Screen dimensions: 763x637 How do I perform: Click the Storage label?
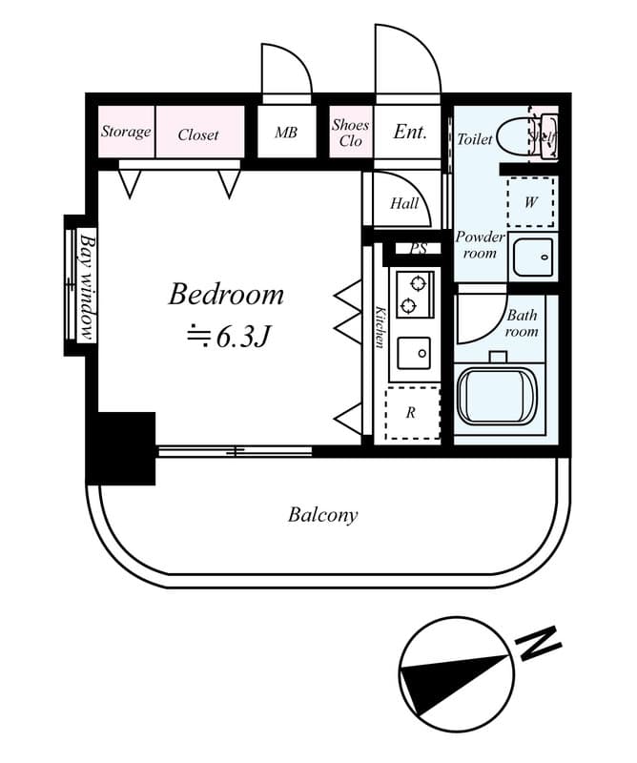point(126,132)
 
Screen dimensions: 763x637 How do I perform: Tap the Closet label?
point(198,134)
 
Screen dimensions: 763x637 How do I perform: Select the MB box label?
point(286,133)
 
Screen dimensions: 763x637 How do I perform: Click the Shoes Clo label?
point(350,133)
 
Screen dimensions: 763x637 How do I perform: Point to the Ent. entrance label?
point(410,133)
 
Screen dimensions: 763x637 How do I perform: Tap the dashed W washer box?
point(531,201)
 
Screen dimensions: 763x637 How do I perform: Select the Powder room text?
point(479,245)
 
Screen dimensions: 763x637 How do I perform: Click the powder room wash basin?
point(532,256)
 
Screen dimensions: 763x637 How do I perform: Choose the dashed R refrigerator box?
point(411,413)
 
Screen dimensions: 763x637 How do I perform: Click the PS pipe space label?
point(418,249)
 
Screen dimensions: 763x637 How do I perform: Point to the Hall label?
point(404,203)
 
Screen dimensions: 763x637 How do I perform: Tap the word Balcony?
point(322,516)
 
